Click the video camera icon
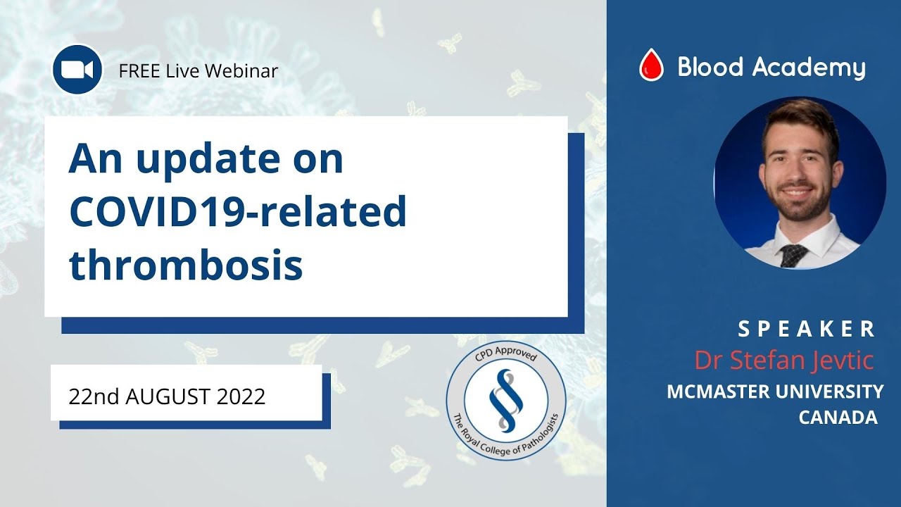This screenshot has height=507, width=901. [x=77, y=69]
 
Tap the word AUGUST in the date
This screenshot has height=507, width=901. [x=168, y=396]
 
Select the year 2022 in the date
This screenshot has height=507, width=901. [x=241, y=396]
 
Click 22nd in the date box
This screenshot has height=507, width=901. [x=93, y=396]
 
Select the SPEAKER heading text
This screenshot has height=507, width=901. [x=807, y=329]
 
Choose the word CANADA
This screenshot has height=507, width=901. [x=838, y=417]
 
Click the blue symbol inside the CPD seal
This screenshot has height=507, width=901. [x=505, y=401]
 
